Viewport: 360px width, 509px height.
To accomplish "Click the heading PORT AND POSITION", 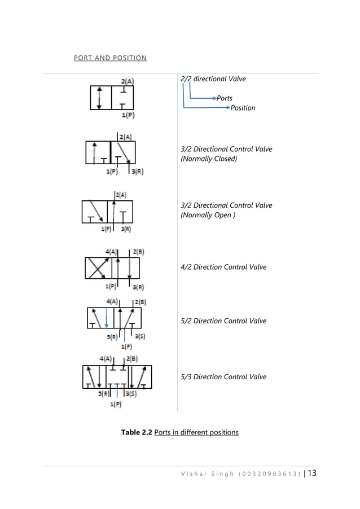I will coord(111,58).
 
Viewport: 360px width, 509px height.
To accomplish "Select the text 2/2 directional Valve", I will coord(213,79).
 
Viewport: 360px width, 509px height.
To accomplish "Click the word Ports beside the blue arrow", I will coord(225,98).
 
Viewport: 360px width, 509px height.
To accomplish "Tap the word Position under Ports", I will coord(243,108).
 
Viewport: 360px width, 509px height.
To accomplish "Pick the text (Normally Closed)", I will coord(209,159).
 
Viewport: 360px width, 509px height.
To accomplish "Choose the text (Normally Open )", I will coord(207,215).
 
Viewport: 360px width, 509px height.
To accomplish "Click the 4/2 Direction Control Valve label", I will coord(223,267).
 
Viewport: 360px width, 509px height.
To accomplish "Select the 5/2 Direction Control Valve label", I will coord(223,321).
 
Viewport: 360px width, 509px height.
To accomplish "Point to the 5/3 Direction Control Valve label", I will coord(223,377).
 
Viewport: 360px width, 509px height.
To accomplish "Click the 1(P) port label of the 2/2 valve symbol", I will coord(129,115).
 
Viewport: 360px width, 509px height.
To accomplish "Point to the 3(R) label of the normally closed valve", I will coord(137,172).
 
